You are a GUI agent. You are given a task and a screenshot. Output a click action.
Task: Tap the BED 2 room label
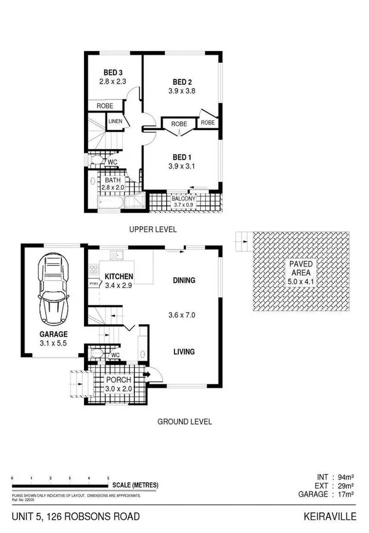point(182,82)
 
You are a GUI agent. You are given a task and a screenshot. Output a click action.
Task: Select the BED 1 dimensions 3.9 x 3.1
point(182,166)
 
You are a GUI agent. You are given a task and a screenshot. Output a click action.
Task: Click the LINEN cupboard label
point(115,121)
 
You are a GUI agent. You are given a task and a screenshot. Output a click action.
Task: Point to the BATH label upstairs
point(113,180)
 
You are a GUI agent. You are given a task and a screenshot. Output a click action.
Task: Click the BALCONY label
point(184,198)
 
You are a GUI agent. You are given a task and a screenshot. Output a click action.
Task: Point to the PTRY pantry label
point(94,284)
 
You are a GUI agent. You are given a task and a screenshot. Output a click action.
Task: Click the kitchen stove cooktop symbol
point(94,270)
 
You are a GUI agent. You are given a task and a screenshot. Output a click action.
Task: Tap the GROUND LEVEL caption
point(184,422)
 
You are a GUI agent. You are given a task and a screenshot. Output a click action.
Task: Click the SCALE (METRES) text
point(136,485)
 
